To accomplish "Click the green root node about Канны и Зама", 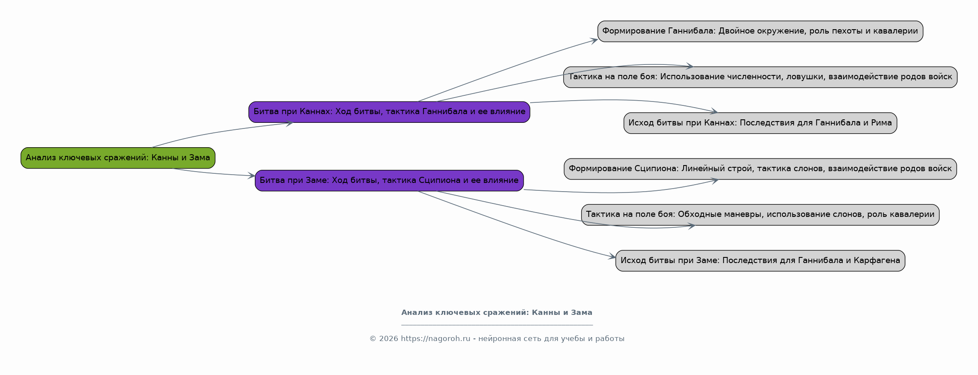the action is pos(118,158).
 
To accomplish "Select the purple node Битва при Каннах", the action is pos(389,112).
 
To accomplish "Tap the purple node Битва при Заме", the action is pos(389,180).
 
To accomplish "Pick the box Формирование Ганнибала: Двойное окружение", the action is pos(760,31).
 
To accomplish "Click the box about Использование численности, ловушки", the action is pos(760,77).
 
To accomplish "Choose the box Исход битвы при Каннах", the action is pos(760,123).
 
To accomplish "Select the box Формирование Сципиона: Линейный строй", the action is pos(760,169).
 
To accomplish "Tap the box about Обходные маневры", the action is pos(760,215).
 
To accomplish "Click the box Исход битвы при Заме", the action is pos(760,261).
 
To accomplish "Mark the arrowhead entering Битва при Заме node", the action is pos(251,176).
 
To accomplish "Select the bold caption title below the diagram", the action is pos(497,313).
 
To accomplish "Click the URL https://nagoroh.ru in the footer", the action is pos(435,339).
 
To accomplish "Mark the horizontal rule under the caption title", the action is pos(497,325).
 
